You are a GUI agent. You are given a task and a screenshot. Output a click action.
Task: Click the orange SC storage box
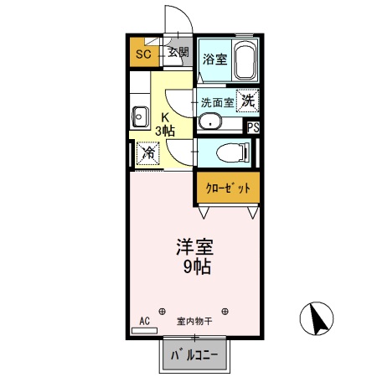click(144, 54)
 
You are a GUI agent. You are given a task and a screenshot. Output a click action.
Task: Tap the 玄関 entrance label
click(178, 52)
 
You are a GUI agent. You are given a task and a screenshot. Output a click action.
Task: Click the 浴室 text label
click(214, 59)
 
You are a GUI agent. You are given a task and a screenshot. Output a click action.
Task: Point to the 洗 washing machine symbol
click(247, 100)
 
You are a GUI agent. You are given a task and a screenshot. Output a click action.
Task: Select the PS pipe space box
click(251, 127)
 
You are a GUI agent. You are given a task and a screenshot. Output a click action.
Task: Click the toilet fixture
click(231, 152)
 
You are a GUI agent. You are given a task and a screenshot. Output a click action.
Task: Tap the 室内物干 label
click(194, 321)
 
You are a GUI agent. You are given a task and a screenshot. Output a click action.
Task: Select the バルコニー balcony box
click(194, 355)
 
